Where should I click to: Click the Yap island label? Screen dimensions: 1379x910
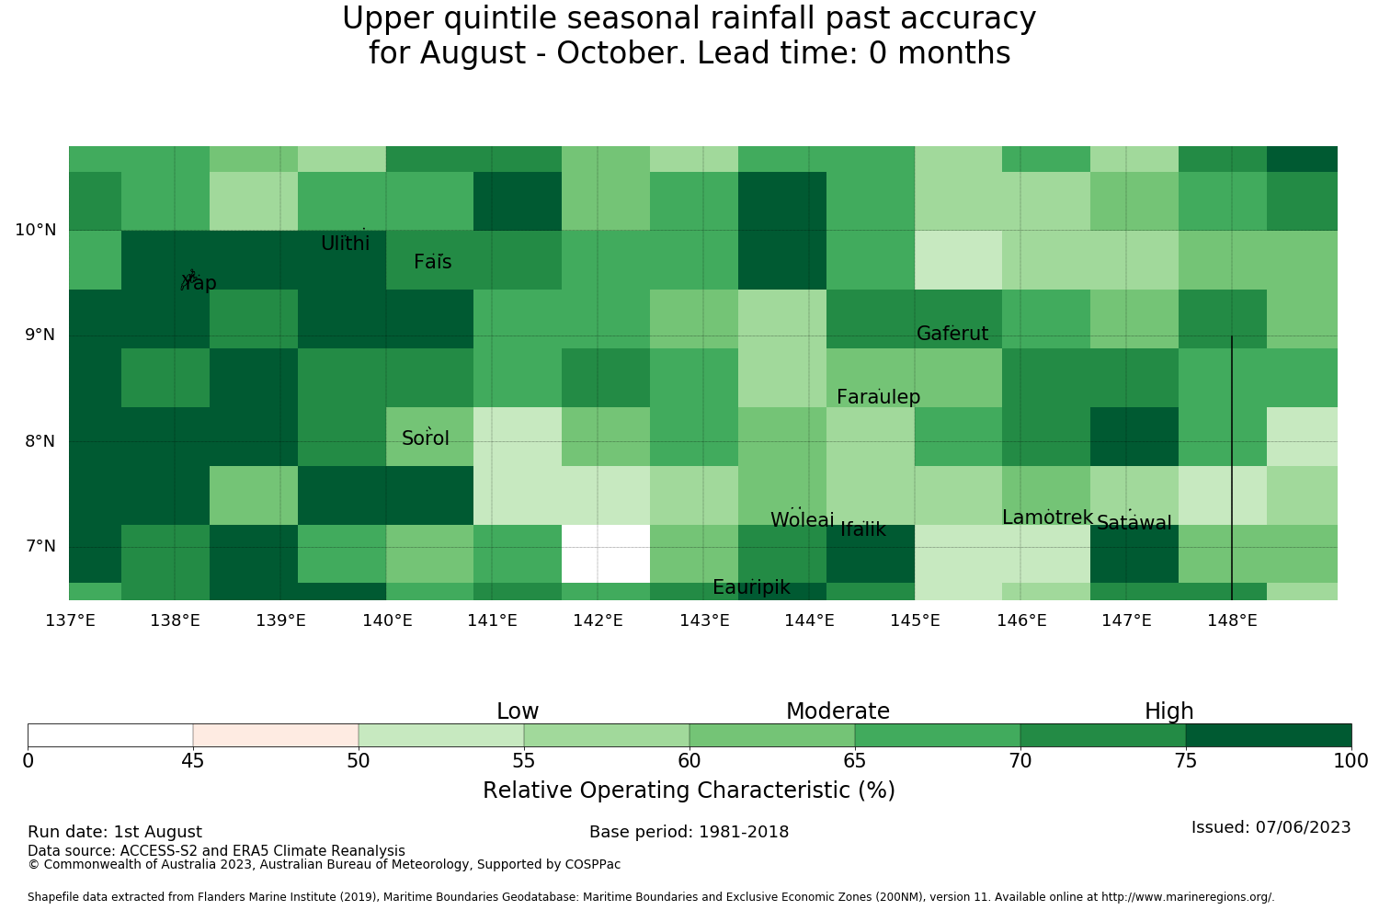[199, 282]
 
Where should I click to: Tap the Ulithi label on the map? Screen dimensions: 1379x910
[346, 244]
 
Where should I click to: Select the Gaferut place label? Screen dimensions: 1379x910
[952, 333]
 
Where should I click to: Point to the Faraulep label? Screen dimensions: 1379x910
[879, 397]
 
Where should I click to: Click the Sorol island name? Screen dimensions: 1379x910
[426, 438]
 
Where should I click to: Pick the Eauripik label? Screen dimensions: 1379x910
[751, 587]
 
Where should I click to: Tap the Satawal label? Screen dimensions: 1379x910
[1134, 523]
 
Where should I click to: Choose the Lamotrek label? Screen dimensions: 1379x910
[1048, 518]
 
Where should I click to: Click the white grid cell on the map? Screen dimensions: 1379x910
[606, 553]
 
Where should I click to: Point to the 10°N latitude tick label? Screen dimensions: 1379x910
[36, 231]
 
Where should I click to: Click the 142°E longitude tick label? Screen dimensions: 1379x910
[598, 620]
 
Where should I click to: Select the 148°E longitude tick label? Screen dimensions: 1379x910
[1232, 620]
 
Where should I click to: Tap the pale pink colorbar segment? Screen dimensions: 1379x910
[276, 735]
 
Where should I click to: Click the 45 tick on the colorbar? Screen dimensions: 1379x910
[193, 761]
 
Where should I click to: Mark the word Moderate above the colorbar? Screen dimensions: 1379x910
[838, 711]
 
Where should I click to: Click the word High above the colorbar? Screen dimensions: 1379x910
[1169, 711]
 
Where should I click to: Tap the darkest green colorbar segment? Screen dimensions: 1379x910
[1269, 735]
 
